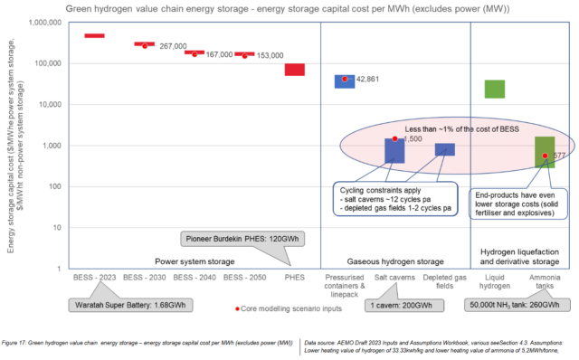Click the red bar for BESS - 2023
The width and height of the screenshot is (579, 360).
[94, 36]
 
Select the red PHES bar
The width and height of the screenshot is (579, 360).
[295, 70]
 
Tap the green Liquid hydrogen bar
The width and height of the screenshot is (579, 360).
[494, 89]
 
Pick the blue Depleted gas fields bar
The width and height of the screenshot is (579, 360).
[444, 149]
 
